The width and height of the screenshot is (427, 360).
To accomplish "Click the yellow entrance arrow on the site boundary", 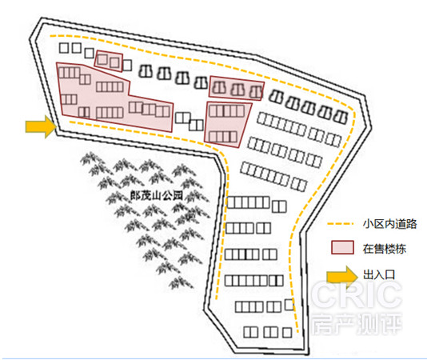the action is (41, 126).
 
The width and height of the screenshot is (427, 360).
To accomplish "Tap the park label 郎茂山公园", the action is (156, 196).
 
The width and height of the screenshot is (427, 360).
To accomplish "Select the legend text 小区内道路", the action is (389, 224).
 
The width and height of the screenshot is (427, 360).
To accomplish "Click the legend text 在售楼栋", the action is (385, 249).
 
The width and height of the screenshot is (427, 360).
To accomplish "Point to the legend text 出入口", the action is (379, 274).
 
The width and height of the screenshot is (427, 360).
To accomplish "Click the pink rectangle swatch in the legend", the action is (342, 247).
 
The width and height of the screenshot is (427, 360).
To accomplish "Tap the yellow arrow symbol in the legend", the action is (342, 277).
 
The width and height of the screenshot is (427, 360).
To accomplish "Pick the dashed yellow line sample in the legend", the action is (340, 224).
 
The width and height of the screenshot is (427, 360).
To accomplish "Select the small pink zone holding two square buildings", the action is (109, 61).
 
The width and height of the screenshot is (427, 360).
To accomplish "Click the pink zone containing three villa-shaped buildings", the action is (236, 88).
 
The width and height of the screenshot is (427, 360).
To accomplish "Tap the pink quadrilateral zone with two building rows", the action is (227, 124).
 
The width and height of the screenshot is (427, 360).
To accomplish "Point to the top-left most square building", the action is (63, 48).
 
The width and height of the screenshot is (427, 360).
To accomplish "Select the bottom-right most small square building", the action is (287, 333).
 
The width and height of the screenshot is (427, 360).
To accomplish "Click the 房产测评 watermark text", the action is (357, 324).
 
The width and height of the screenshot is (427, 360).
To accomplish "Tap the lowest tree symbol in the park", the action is (181, 283).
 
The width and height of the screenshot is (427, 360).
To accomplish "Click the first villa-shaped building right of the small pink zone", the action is (146, 71).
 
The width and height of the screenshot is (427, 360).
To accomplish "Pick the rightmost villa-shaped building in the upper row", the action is (341, 117).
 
